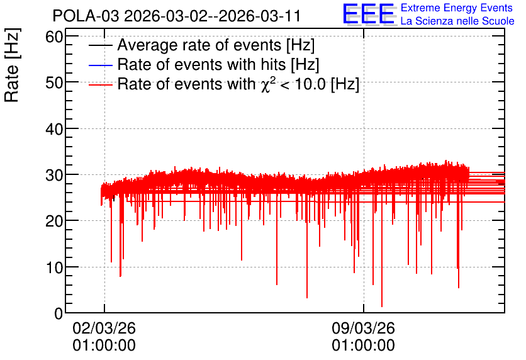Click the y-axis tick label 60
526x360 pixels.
pyautogui.click(x=54, y=37)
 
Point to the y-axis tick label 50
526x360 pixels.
pyautogui.click(x=54, y=83)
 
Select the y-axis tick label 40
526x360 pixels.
pyautogui.click(x=54, y=129)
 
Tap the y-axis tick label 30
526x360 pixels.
pyautogui.click(x=54, y=175)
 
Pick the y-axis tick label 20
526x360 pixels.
pyautogui.click(x=54, y=221)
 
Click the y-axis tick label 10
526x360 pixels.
pyautogui.click(x=54, y=267)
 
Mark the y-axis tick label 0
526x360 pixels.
pyautogui.click(x=59, y=313)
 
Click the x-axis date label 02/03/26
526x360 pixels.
pyautogui.click(x=104, y=328)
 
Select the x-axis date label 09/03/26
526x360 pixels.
pyautogui.click(x=363, y=328)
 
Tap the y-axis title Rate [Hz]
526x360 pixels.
pyautogui.click(x=12, y=65)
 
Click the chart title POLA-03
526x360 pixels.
pyautogui.click(x=86, y=16)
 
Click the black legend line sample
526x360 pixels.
pyautogui.click(x=100, y=45)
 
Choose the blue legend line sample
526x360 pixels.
pyautogui.click(x=100, y=65)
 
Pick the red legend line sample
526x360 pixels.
pyautogui.click(x=100, y=84)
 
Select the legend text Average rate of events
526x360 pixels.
pyautogui.click(x=199, y=45)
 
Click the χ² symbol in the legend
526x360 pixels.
pyautogui.click(x=267, y=85)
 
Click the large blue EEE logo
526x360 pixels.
pyautogui.click(x=369, y=14)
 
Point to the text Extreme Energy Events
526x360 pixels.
pyautogui.click(x=457, y=8)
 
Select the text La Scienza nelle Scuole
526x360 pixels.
pyautogui.click(x=457, y=21)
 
